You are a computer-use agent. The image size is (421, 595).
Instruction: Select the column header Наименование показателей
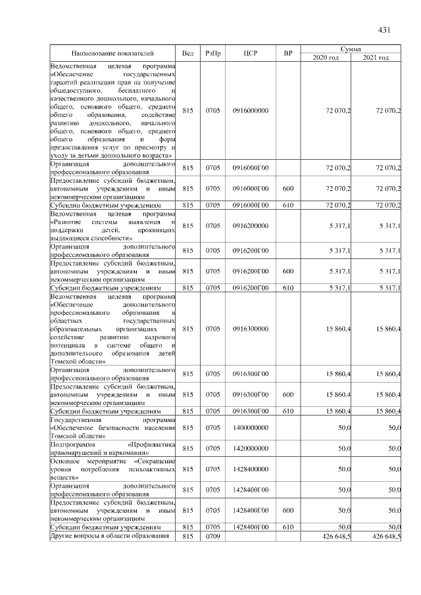tap(112, 53)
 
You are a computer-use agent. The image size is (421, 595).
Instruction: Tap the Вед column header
tap(187, 53)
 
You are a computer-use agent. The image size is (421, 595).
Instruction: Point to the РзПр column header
tap(212, 53)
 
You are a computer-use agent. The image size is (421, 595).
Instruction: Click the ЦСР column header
tap(251, 53)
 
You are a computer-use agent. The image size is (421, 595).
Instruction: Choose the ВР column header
tap(287, 53)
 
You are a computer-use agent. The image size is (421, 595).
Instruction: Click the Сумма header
tap(351, 49)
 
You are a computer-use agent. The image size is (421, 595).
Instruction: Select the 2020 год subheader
tap(326, 58)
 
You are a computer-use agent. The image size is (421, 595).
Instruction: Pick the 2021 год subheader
tap(376, 58)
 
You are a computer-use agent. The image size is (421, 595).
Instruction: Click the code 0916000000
tap(251, 110)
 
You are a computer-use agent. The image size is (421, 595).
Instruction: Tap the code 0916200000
tap(251, 226)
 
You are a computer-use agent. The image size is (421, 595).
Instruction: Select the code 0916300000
tap(251, 328)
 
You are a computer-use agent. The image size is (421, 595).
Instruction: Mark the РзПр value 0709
tap(212, 536)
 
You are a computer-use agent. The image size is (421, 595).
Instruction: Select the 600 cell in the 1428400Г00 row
tap(287, 510)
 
